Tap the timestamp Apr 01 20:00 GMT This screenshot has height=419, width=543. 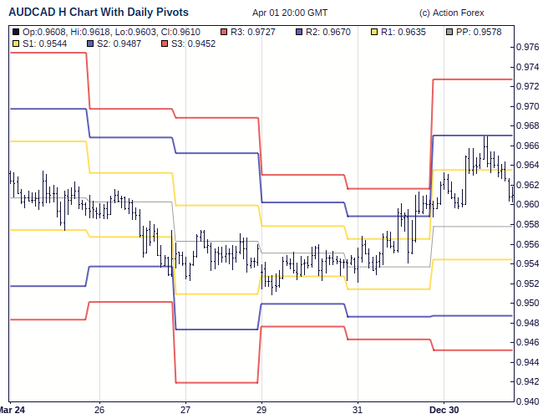(290, 13)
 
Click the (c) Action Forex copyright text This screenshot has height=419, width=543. (452, 13)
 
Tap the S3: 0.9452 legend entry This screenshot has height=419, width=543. (190, 43)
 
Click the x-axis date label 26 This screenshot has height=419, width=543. (99, 410)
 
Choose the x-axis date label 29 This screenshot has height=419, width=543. (261, 410)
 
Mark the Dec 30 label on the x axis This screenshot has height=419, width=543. (444, 410)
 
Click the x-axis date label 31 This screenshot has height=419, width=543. (357, 410)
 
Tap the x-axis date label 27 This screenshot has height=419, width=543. (185, 410)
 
